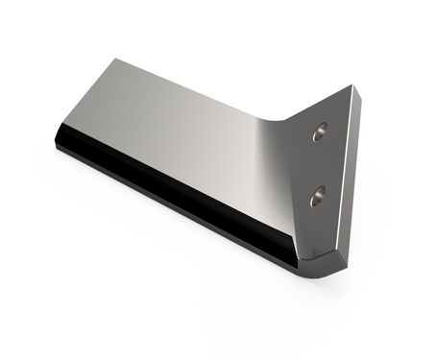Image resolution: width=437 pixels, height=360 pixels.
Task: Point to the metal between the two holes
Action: click(318, 165)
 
